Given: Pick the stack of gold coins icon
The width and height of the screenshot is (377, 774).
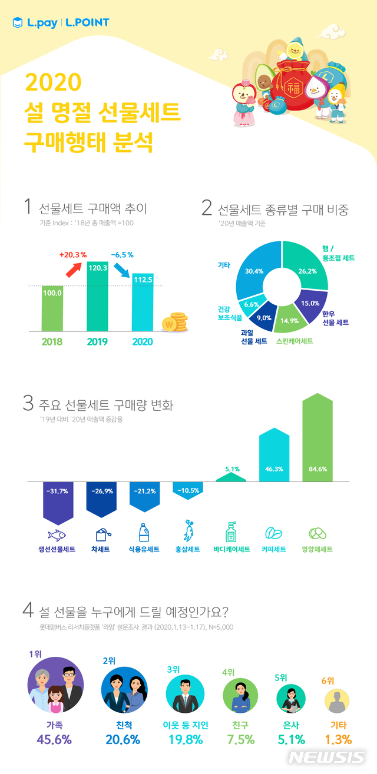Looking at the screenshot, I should click(174, 321).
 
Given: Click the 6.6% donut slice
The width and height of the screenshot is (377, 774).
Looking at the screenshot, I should click(250, 304).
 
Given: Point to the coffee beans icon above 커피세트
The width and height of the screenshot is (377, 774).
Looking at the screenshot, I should click(274, 534).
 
